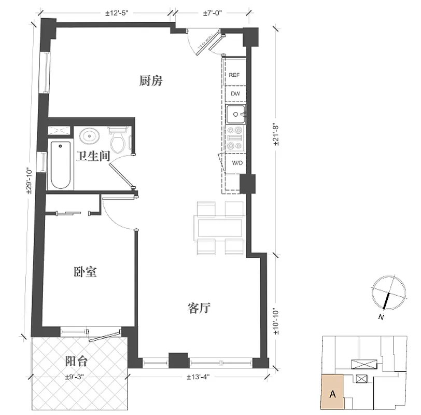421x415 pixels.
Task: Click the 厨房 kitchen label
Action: (151, 81)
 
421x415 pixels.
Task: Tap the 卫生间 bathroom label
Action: (93, 156)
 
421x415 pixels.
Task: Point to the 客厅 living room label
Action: (198, 308)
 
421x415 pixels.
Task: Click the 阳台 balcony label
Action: (76, 361)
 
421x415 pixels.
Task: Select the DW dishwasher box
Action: (235, 94)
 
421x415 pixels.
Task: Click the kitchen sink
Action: (236, 114)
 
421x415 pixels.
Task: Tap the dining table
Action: (218, 227)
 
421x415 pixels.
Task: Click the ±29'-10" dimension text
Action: (30, 179)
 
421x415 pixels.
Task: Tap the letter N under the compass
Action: (381, 316)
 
